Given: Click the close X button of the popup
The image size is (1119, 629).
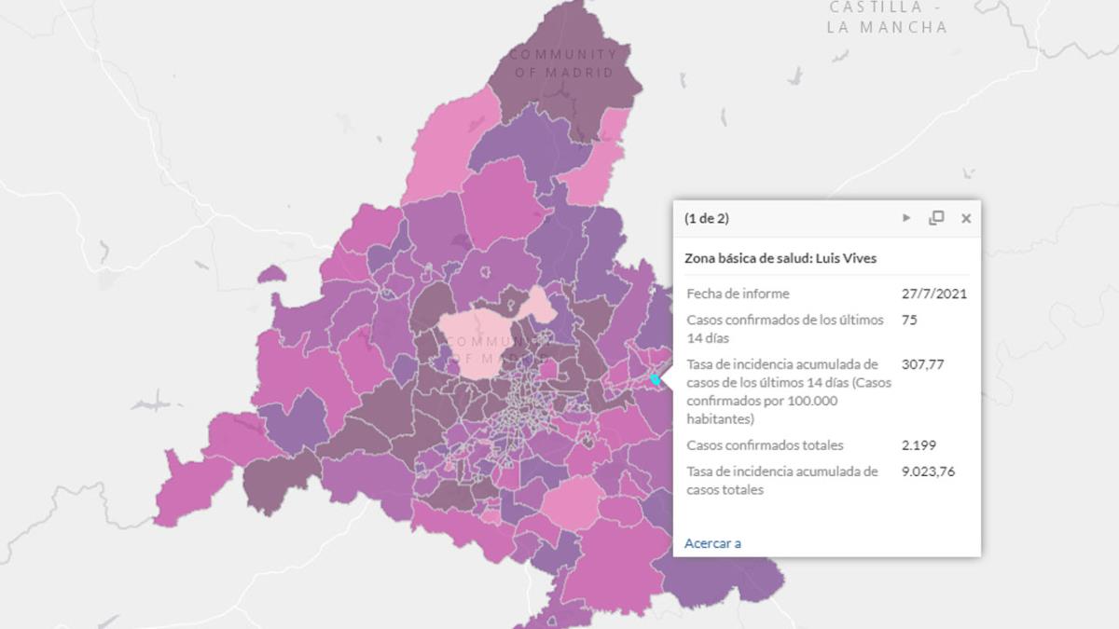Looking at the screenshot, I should click(966, 218).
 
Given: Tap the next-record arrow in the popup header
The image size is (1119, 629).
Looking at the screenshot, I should click(906, 218).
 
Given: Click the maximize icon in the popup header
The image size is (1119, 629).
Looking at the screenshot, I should click(936, 218).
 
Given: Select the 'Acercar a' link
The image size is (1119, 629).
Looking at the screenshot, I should click(712, 543).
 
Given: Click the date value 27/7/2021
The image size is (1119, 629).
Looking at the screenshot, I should click(934, 294).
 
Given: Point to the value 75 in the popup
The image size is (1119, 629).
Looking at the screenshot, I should click(910, 320).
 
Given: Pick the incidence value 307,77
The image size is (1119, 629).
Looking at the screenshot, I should click(923, 364).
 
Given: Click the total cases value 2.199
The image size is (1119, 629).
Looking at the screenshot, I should click(919, 445).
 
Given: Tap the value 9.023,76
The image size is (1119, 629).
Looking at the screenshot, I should click(928, 472).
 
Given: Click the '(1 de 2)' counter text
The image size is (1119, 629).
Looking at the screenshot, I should click(707, 219).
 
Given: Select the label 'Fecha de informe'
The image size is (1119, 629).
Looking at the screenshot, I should click(738, 294).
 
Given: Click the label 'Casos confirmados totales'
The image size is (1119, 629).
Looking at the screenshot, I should click(765, 445).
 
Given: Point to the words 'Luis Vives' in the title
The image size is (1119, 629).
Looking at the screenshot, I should click(846, 258).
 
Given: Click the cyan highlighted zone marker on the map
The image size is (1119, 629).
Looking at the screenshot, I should click(656, 379).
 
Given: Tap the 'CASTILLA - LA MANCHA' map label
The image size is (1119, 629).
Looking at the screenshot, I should click(887, 18).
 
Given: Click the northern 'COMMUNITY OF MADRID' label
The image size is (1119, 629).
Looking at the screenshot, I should click(563, 63).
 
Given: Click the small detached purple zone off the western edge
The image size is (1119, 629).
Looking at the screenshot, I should click(270, 273).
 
